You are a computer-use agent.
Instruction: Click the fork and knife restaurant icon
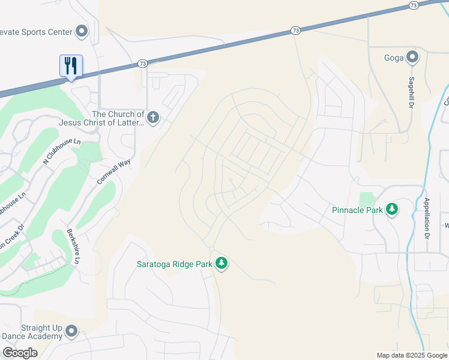[x=71, y=65]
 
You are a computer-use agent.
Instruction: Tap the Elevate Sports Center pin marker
[x=82, y=31]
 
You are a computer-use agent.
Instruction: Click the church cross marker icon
[x=153, y=117]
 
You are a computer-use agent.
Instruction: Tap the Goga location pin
[x=412, y=58]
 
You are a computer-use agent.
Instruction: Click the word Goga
[x=393, y=58]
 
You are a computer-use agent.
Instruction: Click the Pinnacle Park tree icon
[x=392, y=209]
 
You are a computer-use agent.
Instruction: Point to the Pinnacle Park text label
[x=357, y=210]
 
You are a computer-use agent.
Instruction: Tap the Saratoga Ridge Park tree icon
[x=221, y=263]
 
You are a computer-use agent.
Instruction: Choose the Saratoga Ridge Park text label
[x=175, y=264]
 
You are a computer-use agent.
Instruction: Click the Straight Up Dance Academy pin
[x=72, y=331]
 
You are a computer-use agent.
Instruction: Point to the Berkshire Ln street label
[x=73, y=247]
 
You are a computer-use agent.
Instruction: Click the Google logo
[x=20, y=353]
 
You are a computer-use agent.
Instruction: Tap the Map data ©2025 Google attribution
[x=412, y=355]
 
